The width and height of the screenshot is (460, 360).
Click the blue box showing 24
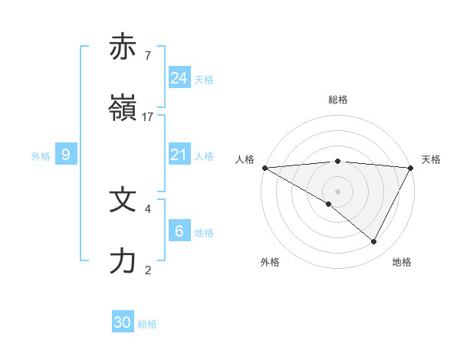(179, 78)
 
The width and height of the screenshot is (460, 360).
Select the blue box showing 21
(179, 155)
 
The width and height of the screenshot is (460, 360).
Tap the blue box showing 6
(179, 231)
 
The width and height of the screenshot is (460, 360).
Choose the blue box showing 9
(66, 155)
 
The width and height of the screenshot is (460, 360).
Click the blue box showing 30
(123, 322)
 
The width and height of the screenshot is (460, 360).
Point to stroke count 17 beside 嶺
(148, 116)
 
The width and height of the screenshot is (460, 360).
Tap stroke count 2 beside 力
(147, 270)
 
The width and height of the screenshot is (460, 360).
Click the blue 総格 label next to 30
(148, 324)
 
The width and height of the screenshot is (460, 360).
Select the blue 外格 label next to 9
(41, 155)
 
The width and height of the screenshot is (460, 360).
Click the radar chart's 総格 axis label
(338, 100)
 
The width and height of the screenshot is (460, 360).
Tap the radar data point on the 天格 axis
(411, 168)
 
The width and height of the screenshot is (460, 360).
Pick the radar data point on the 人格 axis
(264, 168)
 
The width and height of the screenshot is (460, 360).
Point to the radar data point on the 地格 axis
(374, 241)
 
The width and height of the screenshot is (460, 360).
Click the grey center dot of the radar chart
(337, 191)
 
